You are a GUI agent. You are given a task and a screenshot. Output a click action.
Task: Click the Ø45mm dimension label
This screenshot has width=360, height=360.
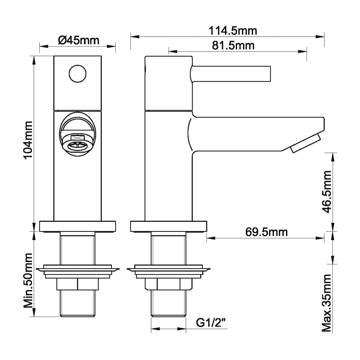[x=79, y=40]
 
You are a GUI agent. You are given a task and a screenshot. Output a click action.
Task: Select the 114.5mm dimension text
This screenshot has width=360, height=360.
[x=233, y=31]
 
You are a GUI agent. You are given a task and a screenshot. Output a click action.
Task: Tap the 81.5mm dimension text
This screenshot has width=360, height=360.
[x=233, y=45]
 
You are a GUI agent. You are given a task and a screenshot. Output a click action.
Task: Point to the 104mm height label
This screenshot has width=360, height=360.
[x=28, y=140]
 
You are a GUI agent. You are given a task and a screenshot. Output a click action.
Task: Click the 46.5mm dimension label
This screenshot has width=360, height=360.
[x=327, y=192]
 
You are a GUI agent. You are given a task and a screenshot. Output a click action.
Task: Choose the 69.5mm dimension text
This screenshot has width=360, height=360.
[x=266, y=232]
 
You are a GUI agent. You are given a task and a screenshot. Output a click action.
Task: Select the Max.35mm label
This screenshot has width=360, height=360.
[x=327, y=303]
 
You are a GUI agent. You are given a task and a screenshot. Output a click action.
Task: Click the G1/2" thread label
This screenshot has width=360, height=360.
[x=210, y=323]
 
